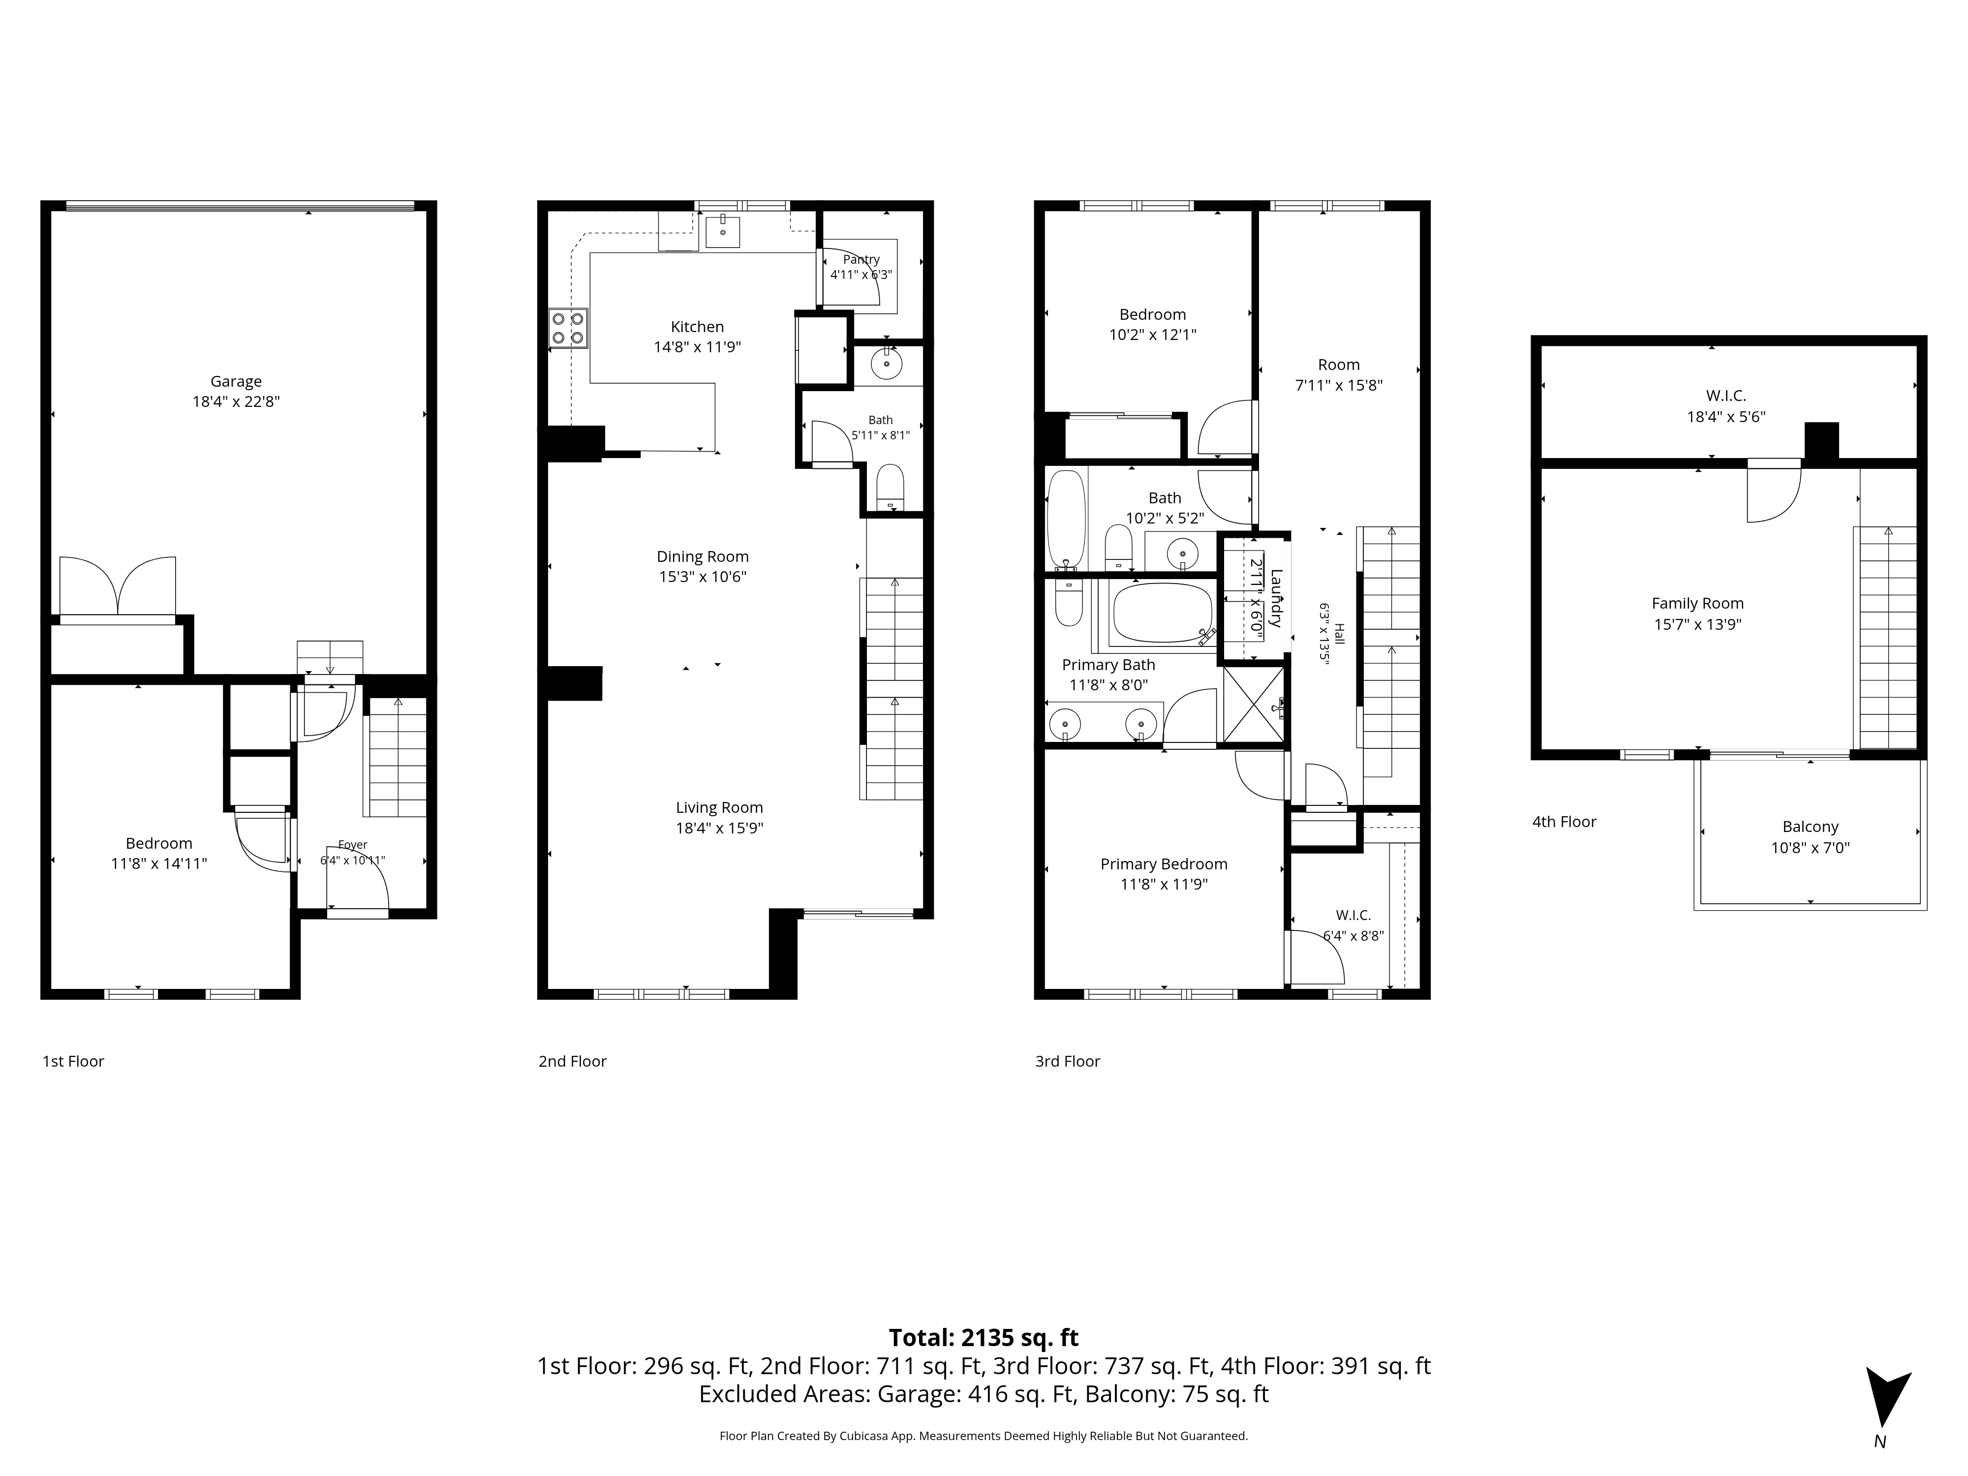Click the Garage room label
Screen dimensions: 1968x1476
tap(236, 382)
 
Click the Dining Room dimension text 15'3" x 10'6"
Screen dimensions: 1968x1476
tap(703, 577)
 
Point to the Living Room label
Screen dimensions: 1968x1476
tap(719, 808)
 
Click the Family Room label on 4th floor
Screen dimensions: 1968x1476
tap(1697, 603)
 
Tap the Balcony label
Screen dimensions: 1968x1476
tap(1811, 827)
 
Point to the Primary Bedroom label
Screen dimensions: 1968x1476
tap(1164, 864)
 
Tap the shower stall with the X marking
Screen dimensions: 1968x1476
tap(1255, 705)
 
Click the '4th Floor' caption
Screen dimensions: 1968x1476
tap(1564, 822)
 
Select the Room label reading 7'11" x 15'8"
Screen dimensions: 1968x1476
tap(1339, 365)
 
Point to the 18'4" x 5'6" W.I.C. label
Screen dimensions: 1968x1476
tap(1726, 396)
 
